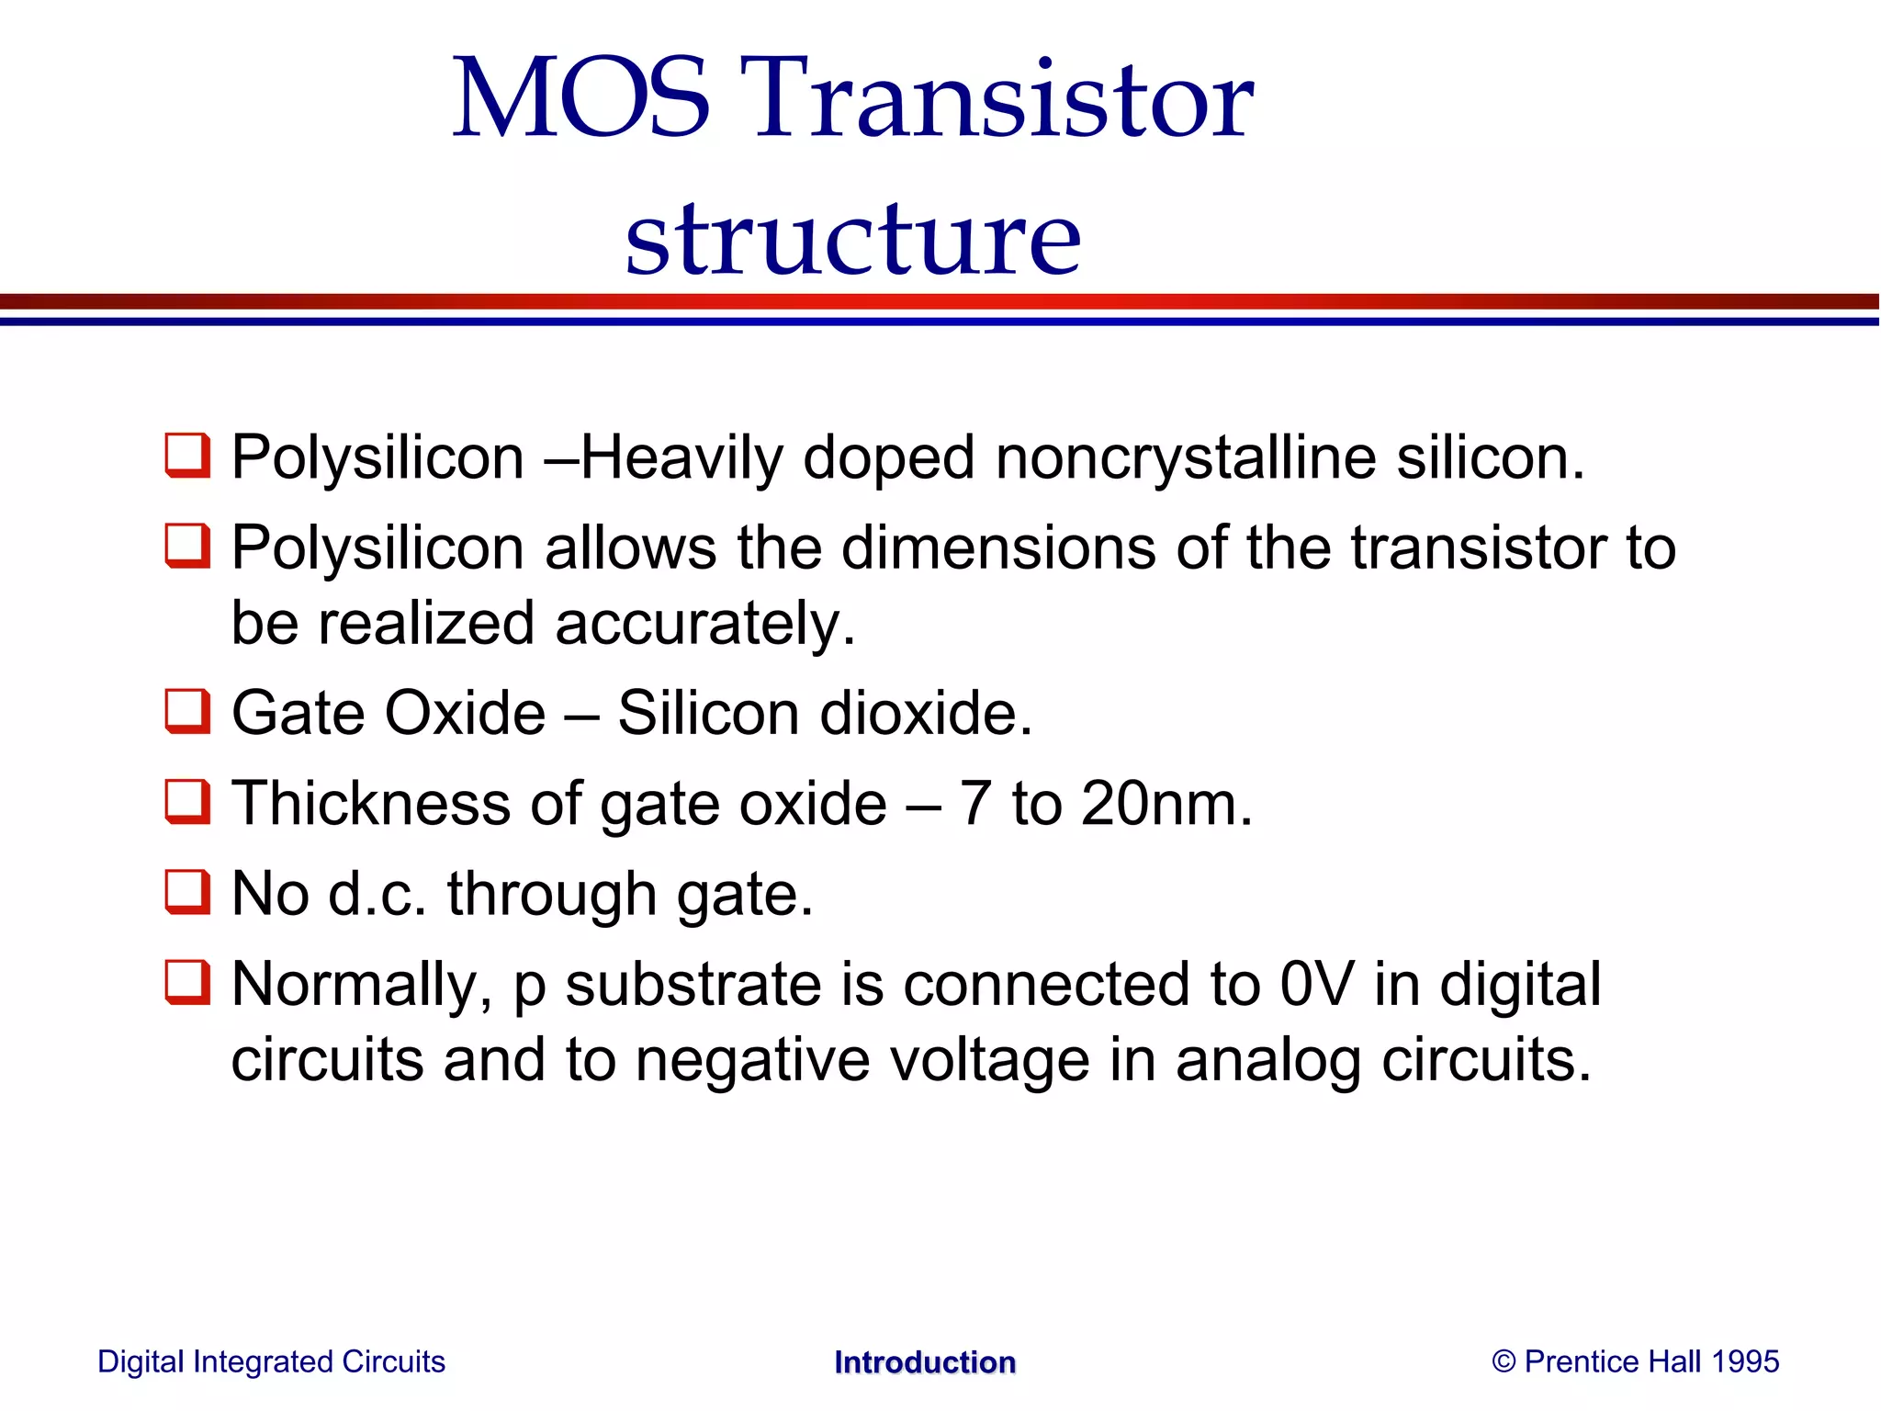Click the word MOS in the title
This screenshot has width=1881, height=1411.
(580, 99)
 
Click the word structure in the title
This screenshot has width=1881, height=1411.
(852, 239)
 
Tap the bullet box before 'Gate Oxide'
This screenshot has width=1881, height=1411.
(187, 712)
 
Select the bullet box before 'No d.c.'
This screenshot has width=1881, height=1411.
(187, 893)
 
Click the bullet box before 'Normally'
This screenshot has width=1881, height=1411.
(187, 983)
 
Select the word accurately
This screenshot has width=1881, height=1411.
(704, 624)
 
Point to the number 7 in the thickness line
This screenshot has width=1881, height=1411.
(975, 804)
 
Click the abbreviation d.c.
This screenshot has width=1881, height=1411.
(377, 894)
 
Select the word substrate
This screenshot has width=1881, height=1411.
(693, 985)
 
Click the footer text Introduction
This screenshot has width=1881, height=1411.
(925, 1362)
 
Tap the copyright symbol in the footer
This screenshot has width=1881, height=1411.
(1504, 1361)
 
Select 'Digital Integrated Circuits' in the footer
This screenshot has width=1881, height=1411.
(271, 1361)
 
